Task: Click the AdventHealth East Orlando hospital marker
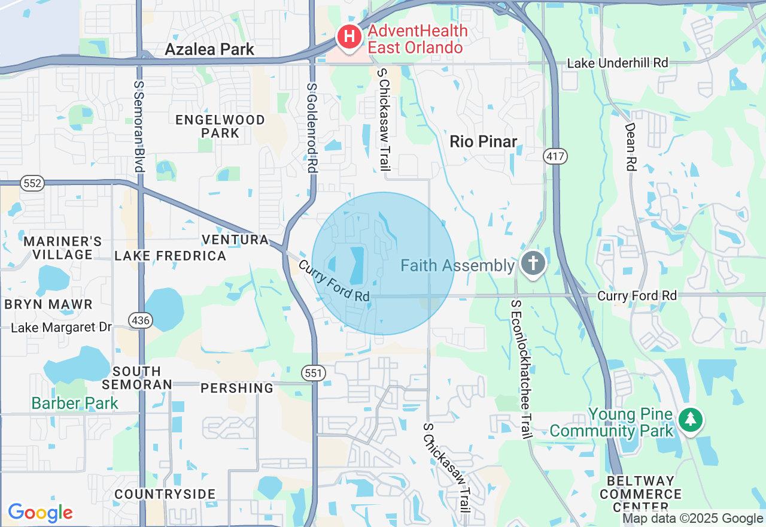coord(349,37)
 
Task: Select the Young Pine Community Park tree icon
coord(691,419)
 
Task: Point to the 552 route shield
coord(32,183)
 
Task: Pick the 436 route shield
coord(141,320)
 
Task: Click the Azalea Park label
coord(209,49)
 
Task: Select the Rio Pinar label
coord(483,142)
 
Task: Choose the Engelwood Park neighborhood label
coord(220,126)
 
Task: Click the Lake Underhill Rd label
coord(618,63)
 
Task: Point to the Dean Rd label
coord(630,147)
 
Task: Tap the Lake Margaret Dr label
coord(62,328)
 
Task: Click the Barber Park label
coord(75,403)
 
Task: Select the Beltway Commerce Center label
coord(640,494)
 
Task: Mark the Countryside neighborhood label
coord(165,494)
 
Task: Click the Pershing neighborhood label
coord(237,388)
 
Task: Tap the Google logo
coord(40,513)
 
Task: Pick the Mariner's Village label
coord(62,248)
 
